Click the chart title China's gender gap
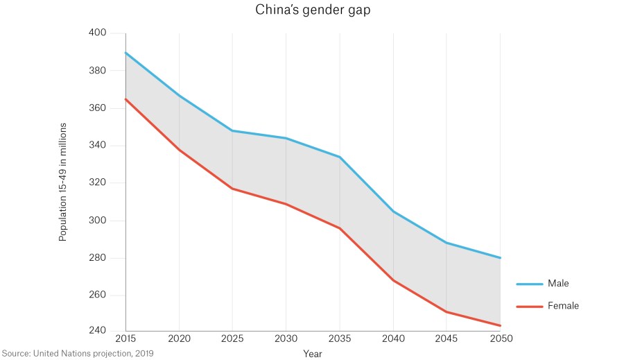[x=311, y=10]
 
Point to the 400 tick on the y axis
[x=97, y=33]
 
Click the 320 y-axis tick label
[x=97, y=183]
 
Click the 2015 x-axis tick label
[x=125, y=339]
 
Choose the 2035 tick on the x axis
[x=340, y=339]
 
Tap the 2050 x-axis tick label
[x=501, y=339]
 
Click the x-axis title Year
[x=312, y=353]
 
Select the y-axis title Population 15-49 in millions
[x=62, y=182]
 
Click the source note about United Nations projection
[x=77, y=353]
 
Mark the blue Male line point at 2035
[x=340, y=157]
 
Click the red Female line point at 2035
[x=340, y=228]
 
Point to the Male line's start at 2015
[x=125, y=52]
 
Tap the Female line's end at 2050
[x=501, y=325]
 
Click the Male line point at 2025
[x=232, y=130]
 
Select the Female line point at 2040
[x=393, y=280]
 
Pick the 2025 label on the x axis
[x=232, y=339]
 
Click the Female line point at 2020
[x=179, y=149]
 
